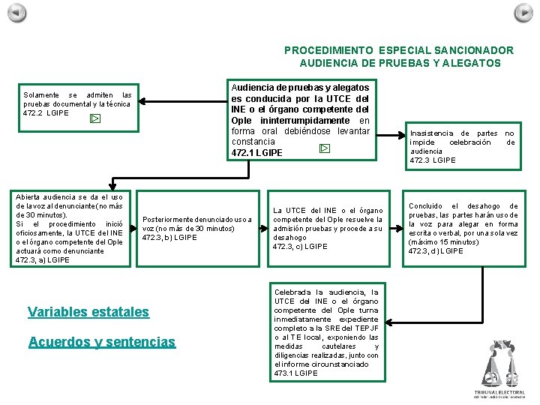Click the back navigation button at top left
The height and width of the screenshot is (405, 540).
pos(16,13)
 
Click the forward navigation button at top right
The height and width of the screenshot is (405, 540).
pos(523,13)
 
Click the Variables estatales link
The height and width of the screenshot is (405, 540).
pos(88,312)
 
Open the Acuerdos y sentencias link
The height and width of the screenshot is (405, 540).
pos(101,342)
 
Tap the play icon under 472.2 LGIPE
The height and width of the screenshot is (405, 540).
pos(94,118)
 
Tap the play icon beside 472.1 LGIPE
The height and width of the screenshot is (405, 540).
pos(324,148)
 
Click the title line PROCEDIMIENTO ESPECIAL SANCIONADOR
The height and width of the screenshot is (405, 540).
pos(399,50)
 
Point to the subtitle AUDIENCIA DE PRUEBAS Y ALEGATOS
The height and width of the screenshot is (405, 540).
pos(399,63)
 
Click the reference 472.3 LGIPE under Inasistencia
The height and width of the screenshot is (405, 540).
pos(433,160)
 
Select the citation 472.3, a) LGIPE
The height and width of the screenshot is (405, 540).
pos(42,260)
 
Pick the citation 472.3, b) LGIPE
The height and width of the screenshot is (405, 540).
pos(169,238)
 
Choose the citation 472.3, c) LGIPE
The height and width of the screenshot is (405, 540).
pos(300,247)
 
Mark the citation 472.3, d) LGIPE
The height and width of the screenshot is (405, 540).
pos(436,251)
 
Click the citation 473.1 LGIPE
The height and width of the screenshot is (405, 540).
pos(295,373)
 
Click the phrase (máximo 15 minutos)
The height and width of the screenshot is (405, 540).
pos(442,242)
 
